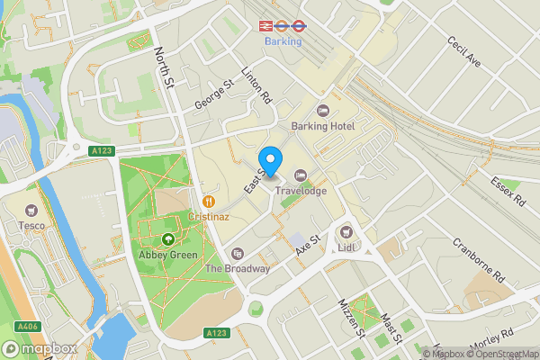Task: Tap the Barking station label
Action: point(283,41)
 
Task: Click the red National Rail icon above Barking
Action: point(266,26)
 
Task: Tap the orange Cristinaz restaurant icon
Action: point(209,201)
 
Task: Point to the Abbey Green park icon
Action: point(168,239)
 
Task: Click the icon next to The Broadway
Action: point(238,254)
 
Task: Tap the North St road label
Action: point(164,68)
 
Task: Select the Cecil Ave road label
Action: point(465,52)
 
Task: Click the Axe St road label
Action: point(309,244)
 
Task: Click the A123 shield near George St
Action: point(102,151)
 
